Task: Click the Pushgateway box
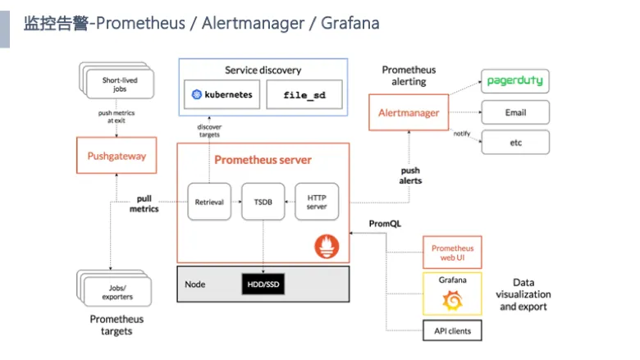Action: [x=117, y=155]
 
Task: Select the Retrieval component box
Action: [x=209, y=202]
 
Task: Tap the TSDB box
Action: [x=263, y=202]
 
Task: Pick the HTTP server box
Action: [x=317, y=202]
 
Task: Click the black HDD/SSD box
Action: [x=263, y=285]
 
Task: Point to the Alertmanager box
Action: [x=409, y=112]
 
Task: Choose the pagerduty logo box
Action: [x=515, y=81]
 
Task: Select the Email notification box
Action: [x=515, y=112]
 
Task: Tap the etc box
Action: [x=515, y=143]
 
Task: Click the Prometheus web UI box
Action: [x=452, y=253]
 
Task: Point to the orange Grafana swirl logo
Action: [x=452, y=300]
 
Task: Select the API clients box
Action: [x=452, y=330]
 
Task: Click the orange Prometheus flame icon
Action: [x=327, y=246]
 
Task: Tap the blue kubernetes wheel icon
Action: [x=197, y=94]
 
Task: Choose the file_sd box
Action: [x=304, y=94]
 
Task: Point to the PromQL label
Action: [x=385, y=223]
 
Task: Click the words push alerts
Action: [x=410, y=175]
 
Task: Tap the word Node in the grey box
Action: [x=194, y=285]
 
